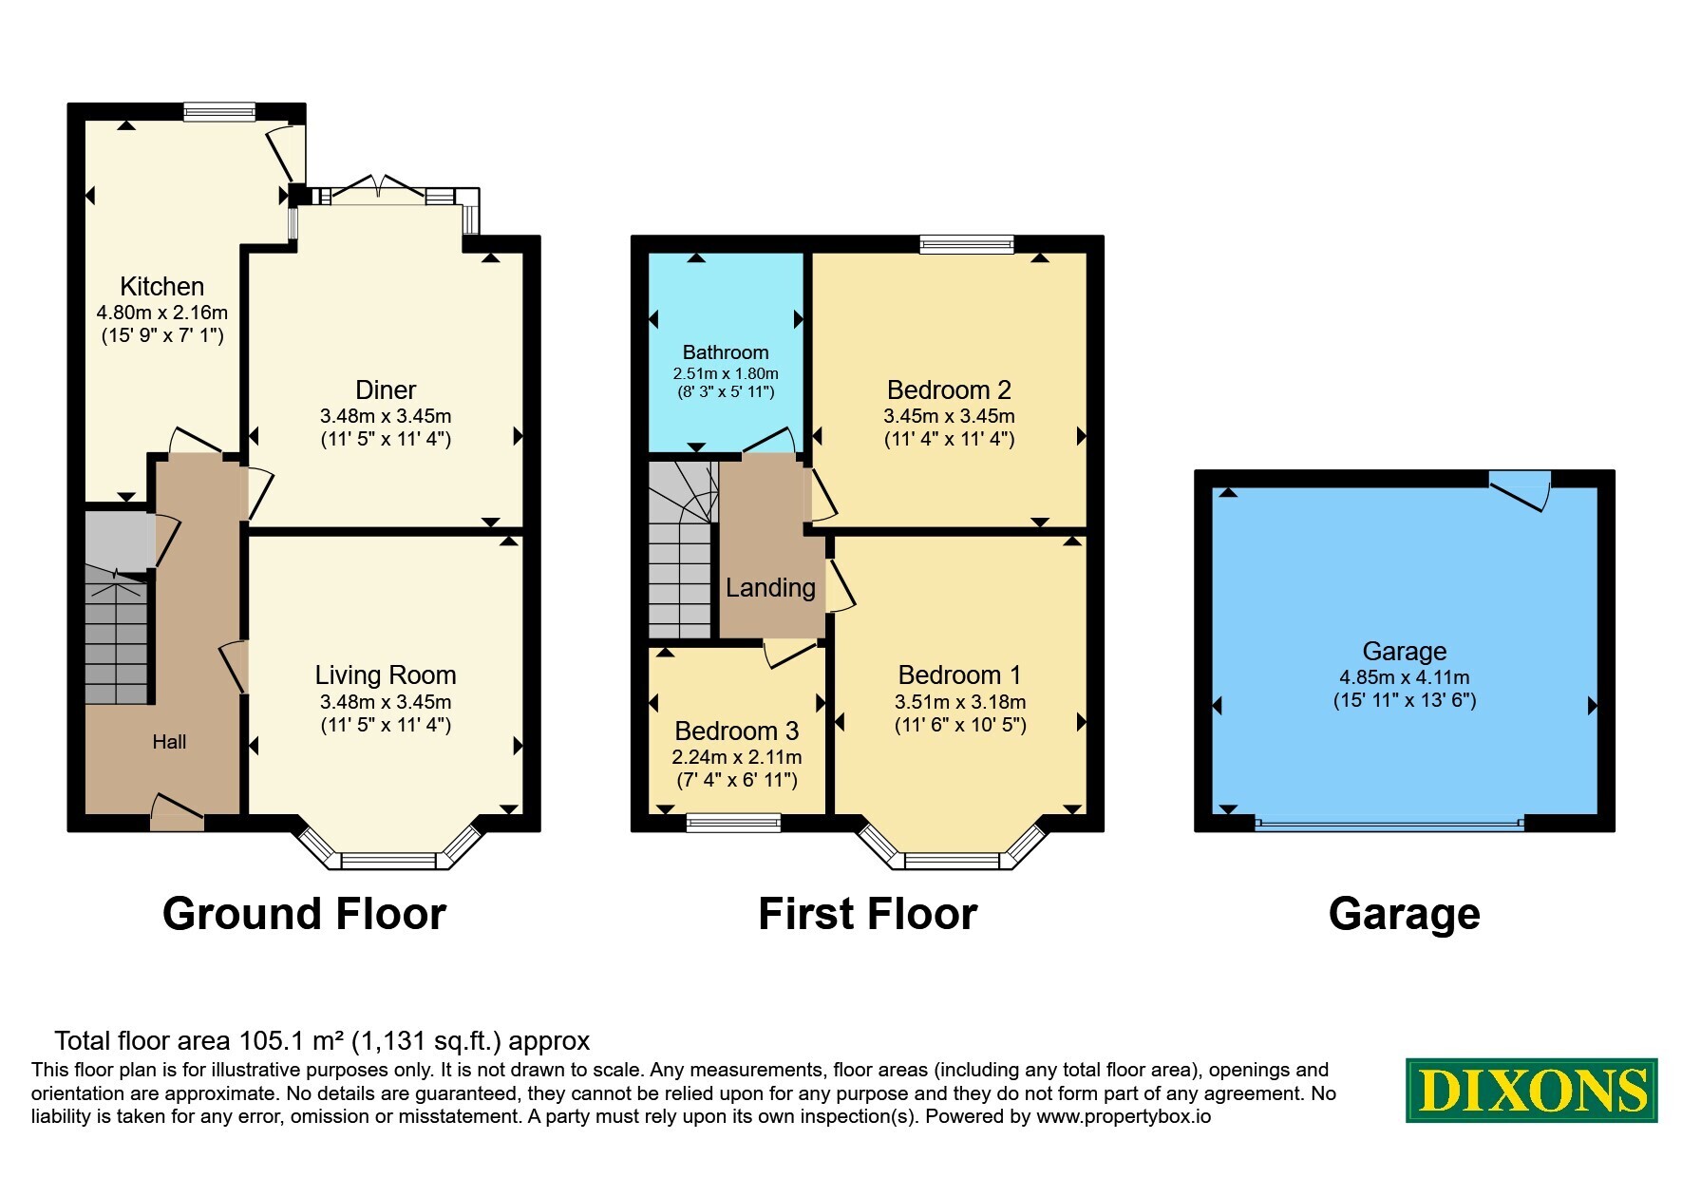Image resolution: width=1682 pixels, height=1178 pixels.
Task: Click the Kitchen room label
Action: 161,286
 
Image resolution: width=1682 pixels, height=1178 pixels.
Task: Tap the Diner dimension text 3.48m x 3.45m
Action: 386,416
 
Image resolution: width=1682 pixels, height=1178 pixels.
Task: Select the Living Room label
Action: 386,675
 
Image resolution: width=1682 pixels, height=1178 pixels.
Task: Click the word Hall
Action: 169,742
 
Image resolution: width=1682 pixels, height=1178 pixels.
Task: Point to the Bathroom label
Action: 726,352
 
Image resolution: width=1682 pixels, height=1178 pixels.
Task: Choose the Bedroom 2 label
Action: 949,390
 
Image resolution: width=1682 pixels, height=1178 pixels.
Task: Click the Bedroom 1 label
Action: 959,675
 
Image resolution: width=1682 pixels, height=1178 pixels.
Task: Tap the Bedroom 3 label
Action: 737,731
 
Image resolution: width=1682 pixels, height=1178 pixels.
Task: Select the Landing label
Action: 770,588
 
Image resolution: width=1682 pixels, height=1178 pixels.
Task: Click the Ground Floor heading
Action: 304,914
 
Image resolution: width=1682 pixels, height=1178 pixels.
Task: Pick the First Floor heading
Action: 867,914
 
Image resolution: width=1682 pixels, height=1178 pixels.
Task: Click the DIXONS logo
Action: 1532,1091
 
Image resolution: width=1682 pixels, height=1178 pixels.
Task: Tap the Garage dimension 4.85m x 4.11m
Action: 1405,677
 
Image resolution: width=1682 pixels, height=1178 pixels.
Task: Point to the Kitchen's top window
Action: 219,112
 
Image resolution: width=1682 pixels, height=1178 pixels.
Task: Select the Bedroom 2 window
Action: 967,244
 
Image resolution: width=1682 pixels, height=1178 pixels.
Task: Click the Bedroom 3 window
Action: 733,823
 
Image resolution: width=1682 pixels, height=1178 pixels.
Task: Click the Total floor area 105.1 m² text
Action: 322,1041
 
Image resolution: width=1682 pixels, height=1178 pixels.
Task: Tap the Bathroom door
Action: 770,442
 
